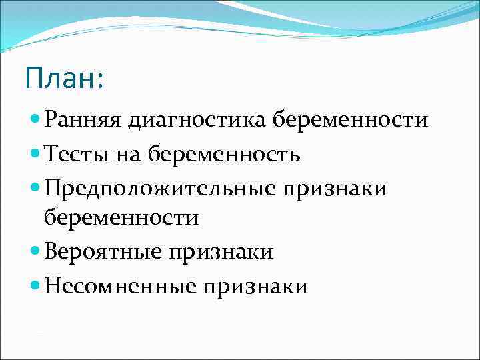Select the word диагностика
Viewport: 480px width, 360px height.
(x=189, y=121)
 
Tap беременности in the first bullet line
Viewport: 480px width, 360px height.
(x=351, y=121)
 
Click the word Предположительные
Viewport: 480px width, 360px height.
(x=159, y=189)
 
